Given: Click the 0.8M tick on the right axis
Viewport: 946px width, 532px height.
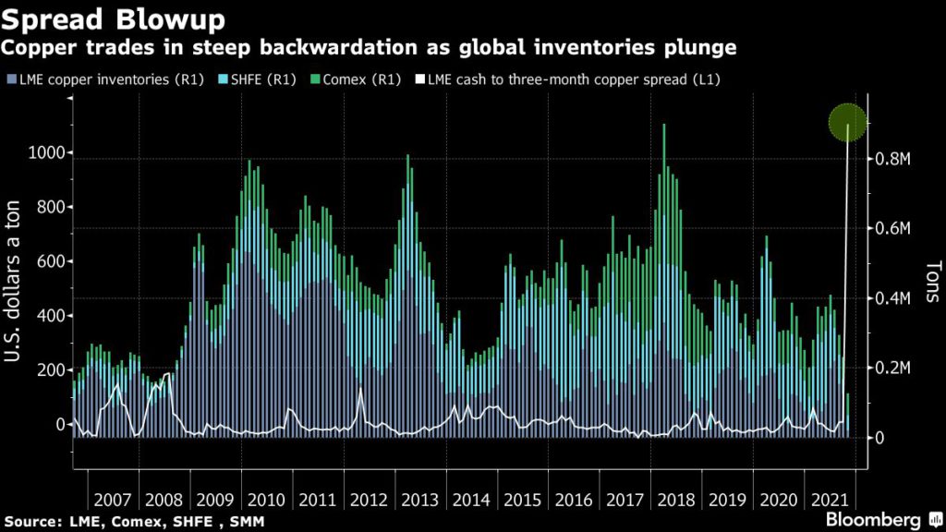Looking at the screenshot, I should pos(892,159).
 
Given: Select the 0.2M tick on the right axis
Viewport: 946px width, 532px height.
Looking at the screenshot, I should pos(892,368).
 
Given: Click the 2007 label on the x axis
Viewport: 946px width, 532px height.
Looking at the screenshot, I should pos(112,500).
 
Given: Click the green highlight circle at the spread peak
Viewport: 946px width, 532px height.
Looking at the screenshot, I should pos(847,123).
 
